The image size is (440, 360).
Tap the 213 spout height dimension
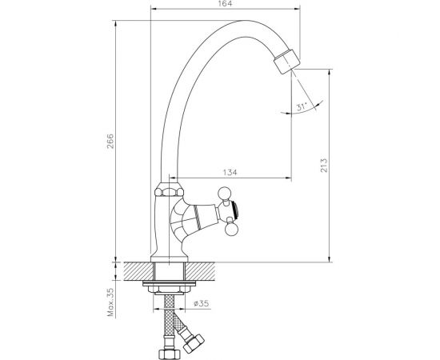pyautogui.click(x=322, y=166)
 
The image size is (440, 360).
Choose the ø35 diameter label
pyautogui.click(x=202, y=303)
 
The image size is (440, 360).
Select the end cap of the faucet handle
pyautogui.click(x=233, y=212)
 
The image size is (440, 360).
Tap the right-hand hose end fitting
pyautogui.click(x=194, y=346)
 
